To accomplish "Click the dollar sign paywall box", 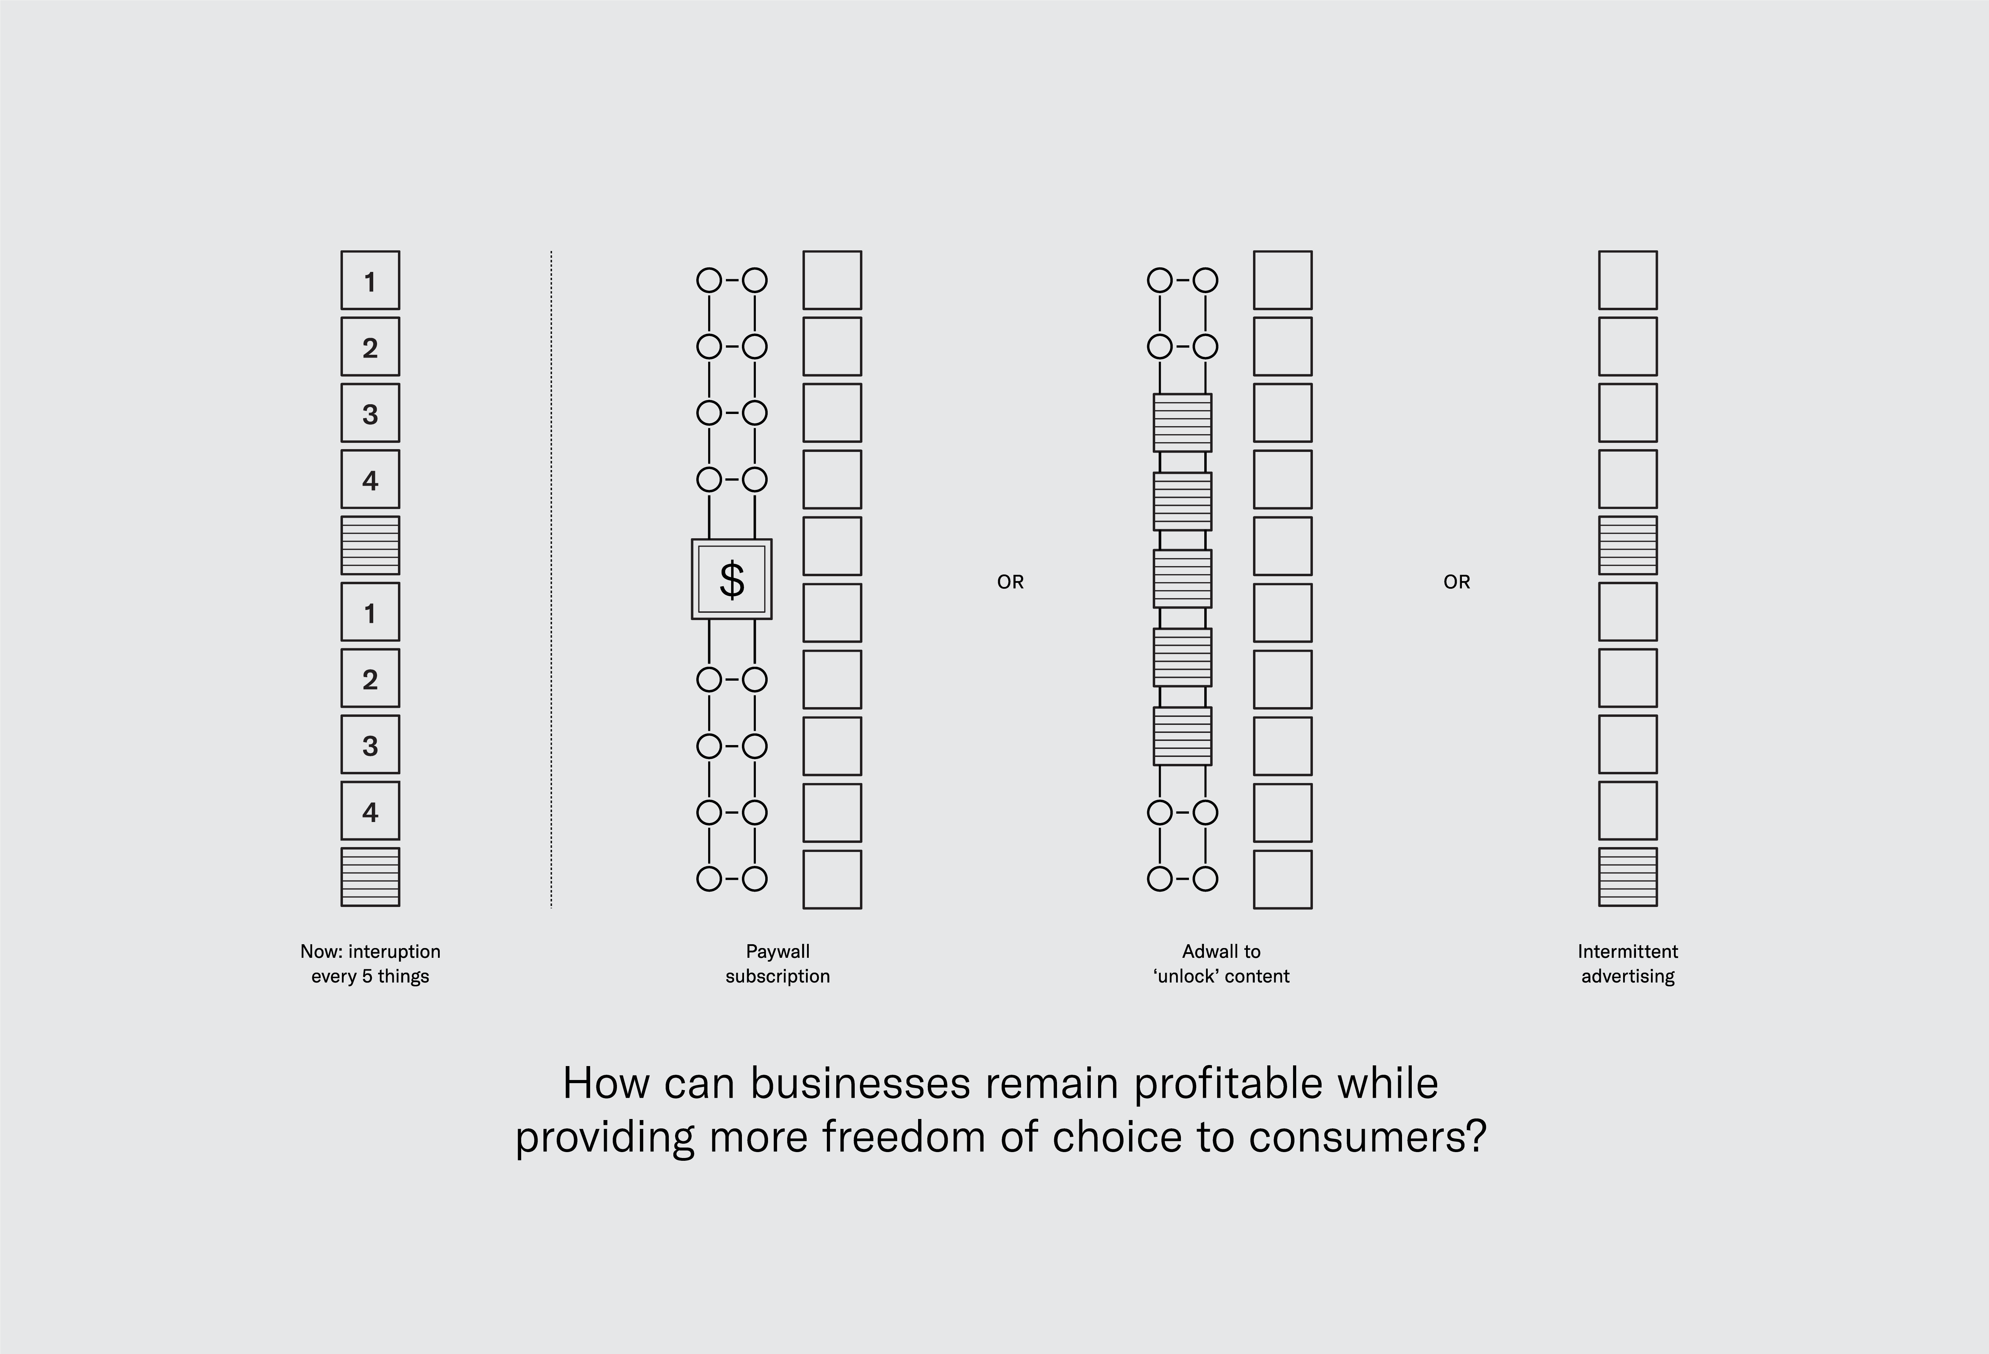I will click(x=732, y=579).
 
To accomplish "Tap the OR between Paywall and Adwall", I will click(x=1010, y=582).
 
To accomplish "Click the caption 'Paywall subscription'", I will click(x=777, y=964).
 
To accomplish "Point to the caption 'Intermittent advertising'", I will click(x=1627, y=964).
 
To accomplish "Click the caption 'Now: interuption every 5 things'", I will click(x=370, y=964).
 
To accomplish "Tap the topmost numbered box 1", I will click(x=370, y=281).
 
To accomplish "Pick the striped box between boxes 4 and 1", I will click(x=370, y=545).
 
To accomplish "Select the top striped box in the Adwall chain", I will click(x=1182, y=423).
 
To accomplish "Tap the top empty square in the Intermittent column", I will click(x=1627, y=281).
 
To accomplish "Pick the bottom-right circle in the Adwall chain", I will click(x=1205, y=879).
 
